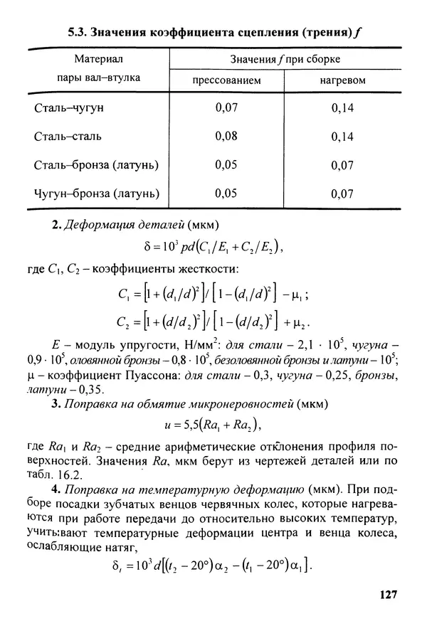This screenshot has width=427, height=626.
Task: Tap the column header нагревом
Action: [x=342, y=80]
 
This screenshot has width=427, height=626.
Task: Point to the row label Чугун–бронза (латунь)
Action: [x=96, y=193]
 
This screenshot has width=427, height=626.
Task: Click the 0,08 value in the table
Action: [x=226, y=136]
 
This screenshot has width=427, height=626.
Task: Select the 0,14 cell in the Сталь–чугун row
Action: [x=342, y=110]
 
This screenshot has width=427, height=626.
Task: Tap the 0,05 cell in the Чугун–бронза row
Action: [x=226, y=193]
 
